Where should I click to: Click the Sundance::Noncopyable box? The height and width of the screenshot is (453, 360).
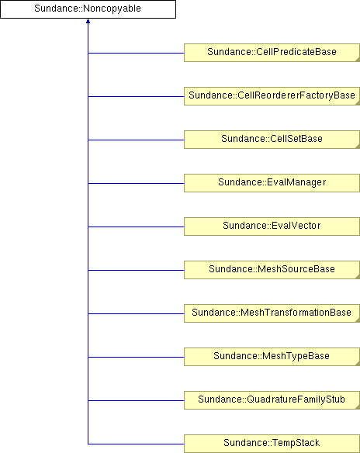tap(88, 9)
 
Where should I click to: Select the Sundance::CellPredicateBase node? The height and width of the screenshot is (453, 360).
tap(272, 53)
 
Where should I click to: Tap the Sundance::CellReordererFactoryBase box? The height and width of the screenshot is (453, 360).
tap(272, 96)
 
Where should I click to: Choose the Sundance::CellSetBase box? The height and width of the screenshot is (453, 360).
tap(272, 140)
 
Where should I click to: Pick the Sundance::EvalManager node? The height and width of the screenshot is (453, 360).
tap(272, 183)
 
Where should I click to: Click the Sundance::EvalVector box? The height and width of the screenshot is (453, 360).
tap(272, 226)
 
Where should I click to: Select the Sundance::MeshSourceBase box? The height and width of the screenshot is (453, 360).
tap(272, 270)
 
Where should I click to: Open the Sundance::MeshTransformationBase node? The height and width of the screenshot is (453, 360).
tap(272, 313)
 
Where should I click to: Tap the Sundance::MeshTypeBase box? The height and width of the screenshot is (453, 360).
tap(272, 357)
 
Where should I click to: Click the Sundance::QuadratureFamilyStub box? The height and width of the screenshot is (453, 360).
tap(272, 400)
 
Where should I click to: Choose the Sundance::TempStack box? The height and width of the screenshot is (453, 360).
tap(272, 444)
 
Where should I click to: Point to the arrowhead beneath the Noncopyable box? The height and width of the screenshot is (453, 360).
tap(88, 21)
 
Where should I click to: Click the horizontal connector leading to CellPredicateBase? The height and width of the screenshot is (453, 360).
tap(136, 54)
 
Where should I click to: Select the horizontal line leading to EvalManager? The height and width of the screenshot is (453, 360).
tap(136, 183)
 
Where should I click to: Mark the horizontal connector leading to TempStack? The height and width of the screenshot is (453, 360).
tap(136, 444)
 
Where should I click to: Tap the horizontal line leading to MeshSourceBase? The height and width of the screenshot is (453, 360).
tap(136, 270)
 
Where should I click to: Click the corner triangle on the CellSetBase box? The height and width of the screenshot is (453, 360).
tap(358, 147)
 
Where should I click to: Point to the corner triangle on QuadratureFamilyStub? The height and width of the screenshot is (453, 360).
tap(358, 407)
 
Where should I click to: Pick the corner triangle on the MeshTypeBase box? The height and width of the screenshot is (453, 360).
tap(358, 364)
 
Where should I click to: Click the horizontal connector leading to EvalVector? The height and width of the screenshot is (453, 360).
tap(136, 226)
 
